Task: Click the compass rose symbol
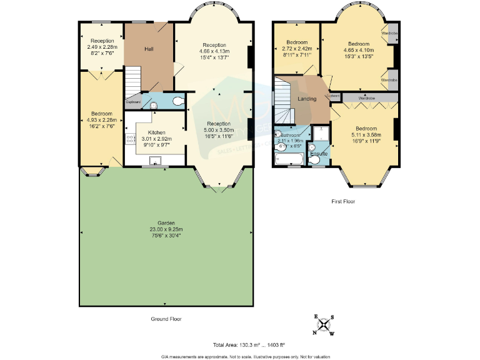(x=324, y=324)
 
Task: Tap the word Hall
(x=149, y=49)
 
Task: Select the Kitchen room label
(x=156, y=132)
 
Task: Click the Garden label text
(x=166, y=223)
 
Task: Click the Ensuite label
(x=319, y=152)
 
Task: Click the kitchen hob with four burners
(x=130, y=141)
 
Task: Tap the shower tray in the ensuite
(x=322, y=134)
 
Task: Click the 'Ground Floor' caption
(x=166, y=319)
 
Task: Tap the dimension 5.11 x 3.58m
(x=366, y=135)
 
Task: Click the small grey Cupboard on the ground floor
(x=133, y=102)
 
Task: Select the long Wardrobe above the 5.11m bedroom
(x=366, y=98)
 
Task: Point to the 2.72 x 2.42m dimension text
(x=297, y=49)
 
